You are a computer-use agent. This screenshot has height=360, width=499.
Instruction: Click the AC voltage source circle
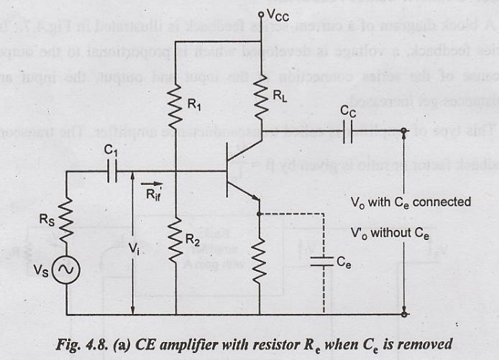66,269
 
